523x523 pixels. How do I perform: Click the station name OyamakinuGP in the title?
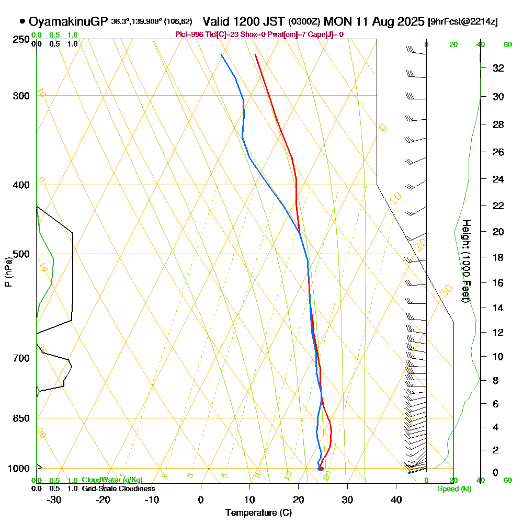(x=68, y=21)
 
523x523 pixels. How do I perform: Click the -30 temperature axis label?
(x=54, y=499)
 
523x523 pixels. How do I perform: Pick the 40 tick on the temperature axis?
(x=396, y=499)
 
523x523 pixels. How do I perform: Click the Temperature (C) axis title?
(x=258, y=513)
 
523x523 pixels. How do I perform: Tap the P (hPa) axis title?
(x=8, y=271)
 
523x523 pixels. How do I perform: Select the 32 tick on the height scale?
(x=498, y=68)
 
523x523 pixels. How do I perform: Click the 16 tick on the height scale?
(x=498, y=283)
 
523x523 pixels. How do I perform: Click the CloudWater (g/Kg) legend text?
(x=112, y=480)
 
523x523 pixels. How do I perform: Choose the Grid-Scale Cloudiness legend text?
(x=118, y=488)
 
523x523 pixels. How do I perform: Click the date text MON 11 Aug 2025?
(x=374, y=21)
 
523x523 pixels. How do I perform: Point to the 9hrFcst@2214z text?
(x=463, y=22)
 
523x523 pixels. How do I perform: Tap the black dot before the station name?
(x=22, y=21)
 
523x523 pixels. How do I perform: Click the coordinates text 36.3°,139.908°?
(x=137, y=22)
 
